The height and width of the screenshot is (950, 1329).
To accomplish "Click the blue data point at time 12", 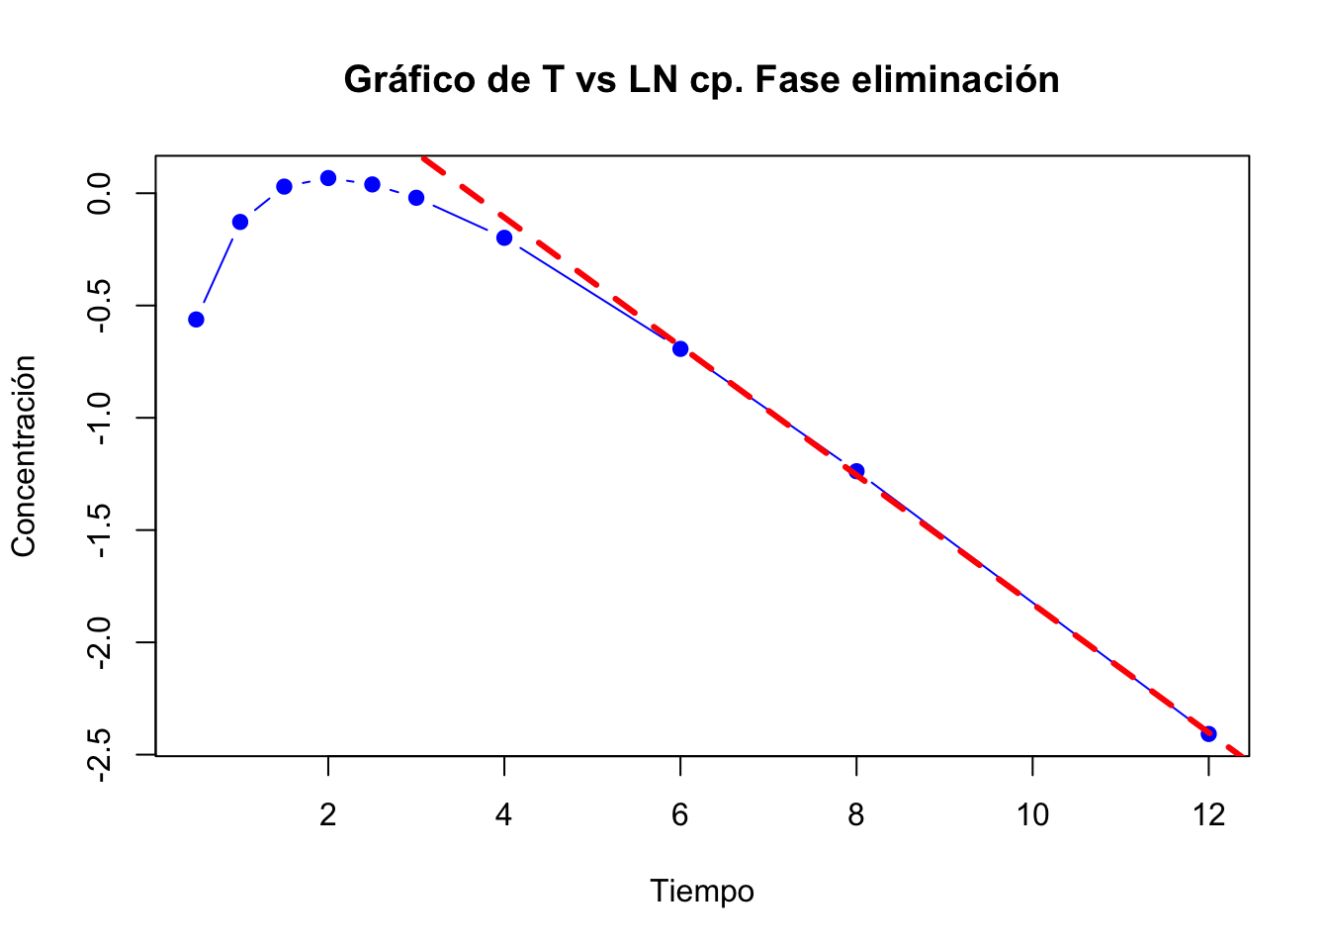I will (1208, 733).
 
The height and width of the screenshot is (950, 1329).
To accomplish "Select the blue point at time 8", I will (856, 471).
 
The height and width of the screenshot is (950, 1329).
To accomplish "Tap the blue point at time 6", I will (680, 348).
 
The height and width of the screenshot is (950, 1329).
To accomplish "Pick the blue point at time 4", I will (504, 237).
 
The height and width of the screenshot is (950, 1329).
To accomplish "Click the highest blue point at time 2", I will (328, 178).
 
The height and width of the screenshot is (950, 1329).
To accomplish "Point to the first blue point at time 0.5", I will (196, 320).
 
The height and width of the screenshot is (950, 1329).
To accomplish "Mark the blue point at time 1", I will (240, 222).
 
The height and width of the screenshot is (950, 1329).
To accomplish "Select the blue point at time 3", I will (416, 198).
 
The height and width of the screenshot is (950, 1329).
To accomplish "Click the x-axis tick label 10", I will (1032, 814).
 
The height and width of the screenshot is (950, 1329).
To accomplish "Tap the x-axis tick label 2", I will (328, 814).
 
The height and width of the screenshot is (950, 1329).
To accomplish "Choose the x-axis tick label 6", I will (680, 814).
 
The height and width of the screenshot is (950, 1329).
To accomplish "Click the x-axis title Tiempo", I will (702, 892).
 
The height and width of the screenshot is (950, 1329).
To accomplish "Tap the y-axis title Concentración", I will (24, 455).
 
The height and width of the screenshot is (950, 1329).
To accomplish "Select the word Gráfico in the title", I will (409, 79).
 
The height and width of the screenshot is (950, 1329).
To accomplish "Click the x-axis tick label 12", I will (1208, 814).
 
